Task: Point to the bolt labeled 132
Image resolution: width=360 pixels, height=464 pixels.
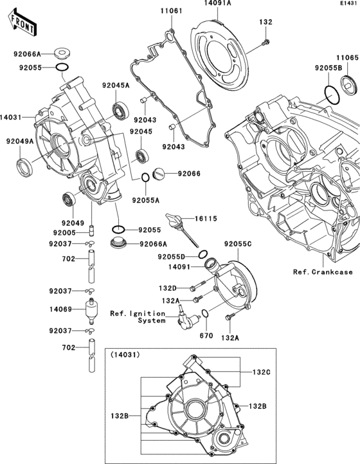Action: pos(264,42)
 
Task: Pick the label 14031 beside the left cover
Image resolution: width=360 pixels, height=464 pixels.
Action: pos(12,117)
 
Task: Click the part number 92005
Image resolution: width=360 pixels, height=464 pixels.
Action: pos(64,232)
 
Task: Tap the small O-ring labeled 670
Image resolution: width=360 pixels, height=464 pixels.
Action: pos(204,313)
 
